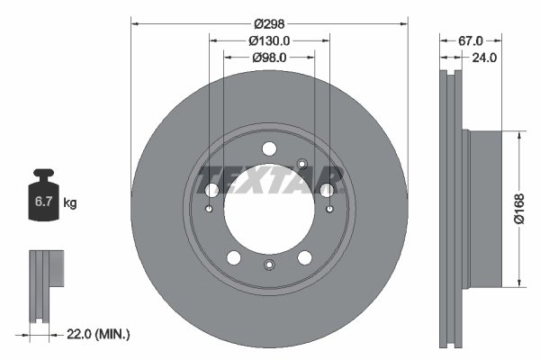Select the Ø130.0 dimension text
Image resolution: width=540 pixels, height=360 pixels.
click(269, 40)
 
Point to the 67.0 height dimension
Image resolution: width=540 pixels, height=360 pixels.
click(470, 40)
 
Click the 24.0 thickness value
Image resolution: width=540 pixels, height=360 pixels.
click(484, 57)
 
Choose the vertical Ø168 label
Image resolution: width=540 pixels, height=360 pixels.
click(520, 209)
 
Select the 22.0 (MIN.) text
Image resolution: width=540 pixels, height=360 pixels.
click(100, 334)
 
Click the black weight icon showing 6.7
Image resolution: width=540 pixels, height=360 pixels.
click(42, 198)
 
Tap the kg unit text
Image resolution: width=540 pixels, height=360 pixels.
click(70, 203)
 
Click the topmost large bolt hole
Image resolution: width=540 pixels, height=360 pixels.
click(269, 149)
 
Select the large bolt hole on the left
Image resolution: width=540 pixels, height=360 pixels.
click(211, 190)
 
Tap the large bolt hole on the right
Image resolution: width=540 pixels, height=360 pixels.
click(328, 190)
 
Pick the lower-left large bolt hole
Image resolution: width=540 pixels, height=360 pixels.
click(234, 258)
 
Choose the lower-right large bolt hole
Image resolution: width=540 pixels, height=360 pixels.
click(305, 258)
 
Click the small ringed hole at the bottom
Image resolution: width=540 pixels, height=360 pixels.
click(269, 265)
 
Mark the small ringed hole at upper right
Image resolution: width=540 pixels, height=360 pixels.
click(302, 163)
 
